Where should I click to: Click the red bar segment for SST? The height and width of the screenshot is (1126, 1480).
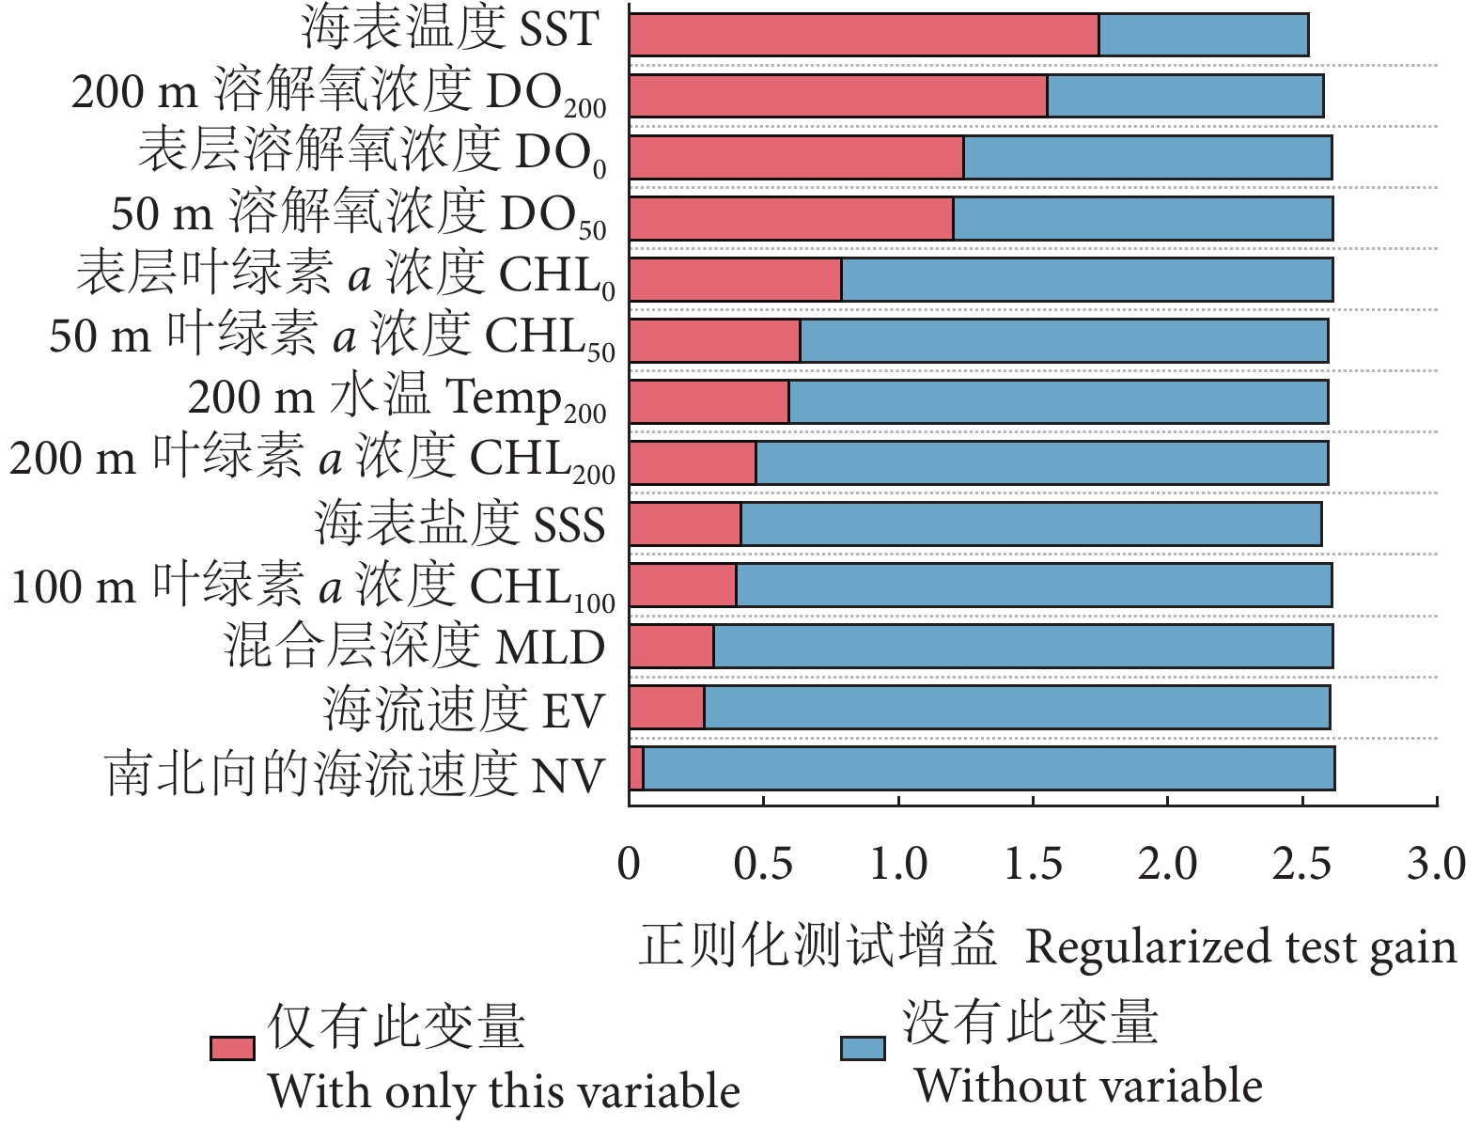864,36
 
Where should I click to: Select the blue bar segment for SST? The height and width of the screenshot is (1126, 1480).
1204,36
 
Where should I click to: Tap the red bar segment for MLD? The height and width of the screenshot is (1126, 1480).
672,647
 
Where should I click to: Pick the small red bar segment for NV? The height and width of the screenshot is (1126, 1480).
637,769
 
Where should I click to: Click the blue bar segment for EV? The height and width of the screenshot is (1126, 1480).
1017,708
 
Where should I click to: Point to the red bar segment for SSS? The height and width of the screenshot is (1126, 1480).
685,524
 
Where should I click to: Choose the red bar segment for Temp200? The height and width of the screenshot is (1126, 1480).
709,402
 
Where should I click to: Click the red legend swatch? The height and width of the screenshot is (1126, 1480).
232,1048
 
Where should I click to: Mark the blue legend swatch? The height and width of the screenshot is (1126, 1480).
863,1048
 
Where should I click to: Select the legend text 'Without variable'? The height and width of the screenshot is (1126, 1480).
1088,1087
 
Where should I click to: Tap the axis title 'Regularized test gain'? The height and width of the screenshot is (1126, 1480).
1240,947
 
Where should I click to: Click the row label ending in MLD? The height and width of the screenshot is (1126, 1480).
414,648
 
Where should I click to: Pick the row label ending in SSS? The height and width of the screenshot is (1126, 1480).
460,524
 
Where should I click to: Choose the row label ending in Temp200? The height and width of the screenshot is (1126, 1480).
397,399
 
